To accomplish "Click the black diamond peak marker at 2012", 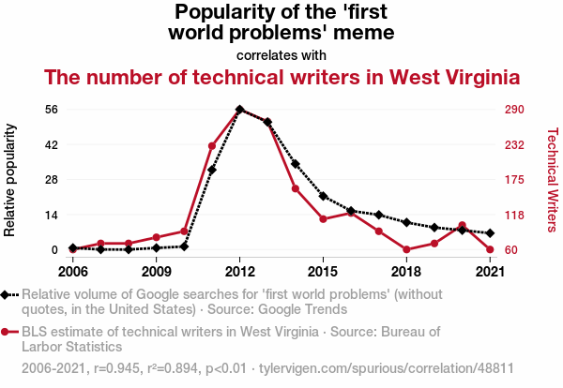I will (x=240, y=110).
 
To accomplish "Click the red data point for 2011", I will (x=212, y=146).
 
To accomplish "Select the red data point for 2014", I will (x=296, y=188).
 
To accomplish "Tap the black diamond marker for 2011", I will (x=212, y=170).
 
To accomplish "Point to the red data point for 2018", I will (x=406, y=249).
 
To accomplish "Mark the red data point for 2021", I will (x=490, y=249).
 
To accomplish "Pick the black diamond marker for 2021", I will (x=490, y=232).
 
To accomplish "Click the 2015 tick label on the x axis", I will (x=323, y=272).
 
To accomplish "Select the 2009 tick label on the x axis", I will (x=157, y=272).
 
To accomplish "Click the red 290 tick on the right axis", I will (x=513, y=110).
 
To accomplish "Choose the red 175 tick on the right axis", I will (x=513, y=180).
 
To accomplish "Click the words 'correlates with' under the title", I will (x=281, y=54).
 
